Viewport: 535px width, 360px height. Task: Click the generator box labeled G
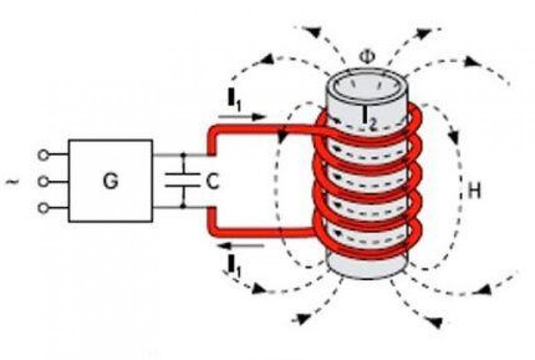[110, 181]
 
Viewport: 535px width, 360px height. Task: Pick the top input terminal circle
[44, 155]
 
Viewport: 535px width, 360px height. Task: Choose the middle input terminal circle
[44, 181]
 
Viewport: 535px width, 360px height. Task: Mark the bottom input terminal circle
[44, 207]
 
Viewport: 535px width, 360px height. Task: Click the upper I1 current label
[235, 102]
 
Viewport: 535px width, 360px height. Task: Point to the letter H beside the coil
[474, 191]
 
